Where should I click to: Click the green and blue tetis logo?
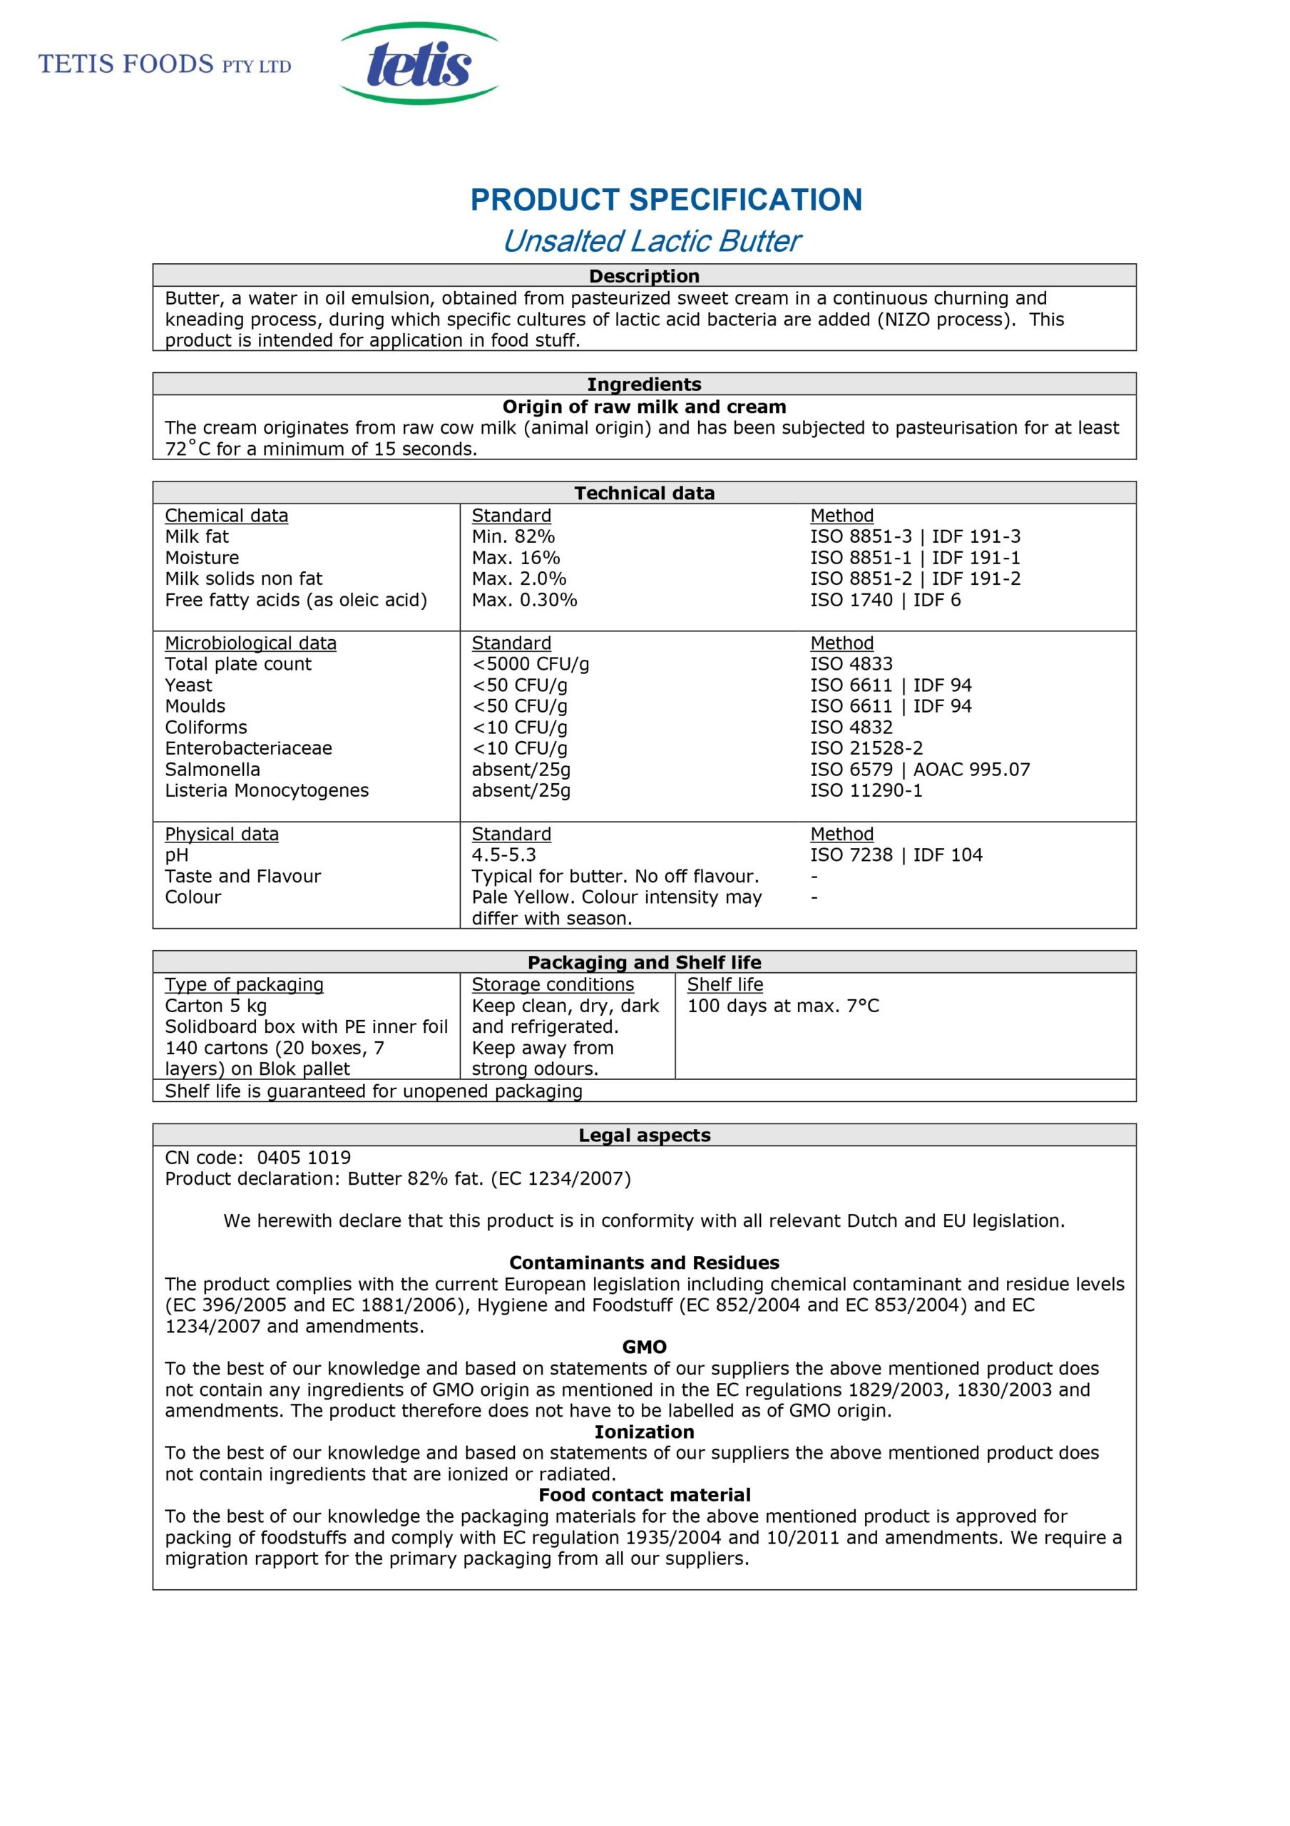419,63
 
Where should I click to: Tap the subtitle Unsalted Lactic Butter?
651,241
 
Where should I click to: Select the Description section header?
644,276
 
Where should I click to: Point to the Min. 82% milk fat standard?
513,537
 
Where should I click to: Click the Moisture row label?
202,558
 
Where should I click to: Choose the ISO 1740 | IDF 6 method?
885,600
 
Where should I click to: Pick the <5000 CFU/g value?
531,664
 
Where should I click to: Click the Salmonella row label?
213,769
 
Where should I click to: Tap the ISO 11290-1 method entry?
866,790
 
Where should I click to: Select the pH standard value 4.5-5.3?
503,855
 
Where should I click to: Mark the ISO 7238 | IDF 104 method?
896,855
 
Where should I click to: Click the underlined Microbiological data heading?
250,643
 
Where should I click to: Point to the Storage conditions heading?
553,984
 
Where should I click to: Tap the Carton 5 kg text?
215,1006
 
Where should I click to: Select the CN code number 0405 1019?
304,1158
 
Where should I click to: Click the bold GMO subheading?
644,1347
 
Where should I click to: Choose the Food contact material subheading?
644,1495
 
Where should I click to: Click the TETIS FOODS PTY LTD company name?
165,64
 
